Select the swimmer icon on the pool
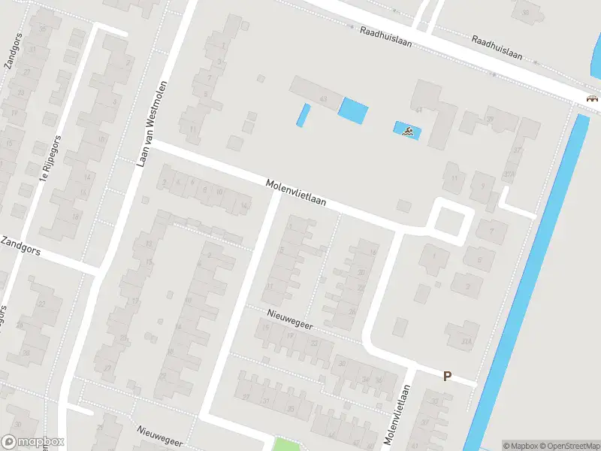coord(407,132)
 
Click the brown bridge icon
coord(592,98)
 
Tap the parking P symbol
coord(448,376)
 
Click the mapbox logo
coord(32,441)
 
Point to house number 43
coord(324,98)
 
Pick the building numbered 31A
coord(467,341)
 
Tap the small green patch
coord(283,444)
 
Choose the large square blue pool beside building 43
coord(352,110)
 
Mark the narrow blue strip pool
coord(304,115)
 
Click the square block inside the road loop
coord(451,221)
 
